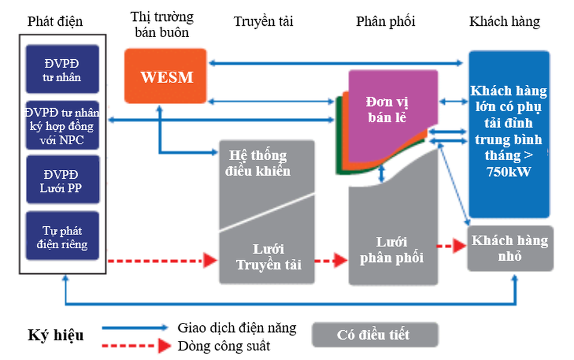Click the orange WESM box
click(x=166, y=76)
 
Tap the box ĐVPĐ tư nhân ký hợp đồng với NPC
click(x=62, y=126)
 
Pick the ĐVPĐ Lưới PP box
click(x=62, y=180)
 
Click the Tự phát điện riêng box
click(x=62, y=236)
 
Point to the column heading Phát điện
click(x=55, y=22)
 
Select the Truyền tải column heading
click(x=264, y=22)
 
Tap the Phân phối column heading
click(x=386, y=22)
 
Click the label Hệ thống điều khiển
click(x=258, y=163)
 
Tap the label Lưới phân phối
click(x=392, y=250)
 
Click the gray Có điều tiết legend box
click(x=375, y=334)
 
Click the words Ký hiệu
click(x=56, y=335)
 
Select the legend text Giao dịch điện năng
click(x=237, y=328)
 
